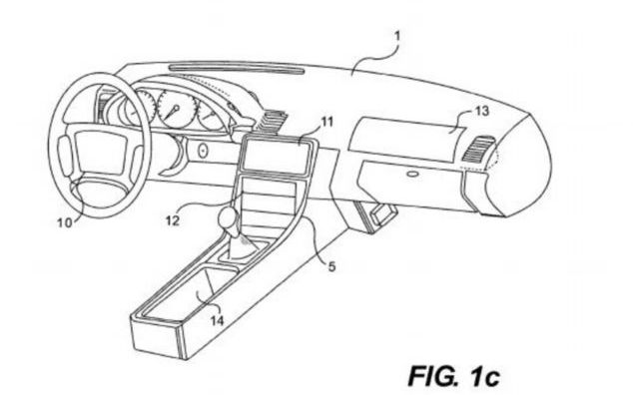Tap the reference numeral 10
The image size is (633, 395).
[x=64, y=223]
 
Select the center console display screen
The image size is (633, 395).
[x=273, y=157]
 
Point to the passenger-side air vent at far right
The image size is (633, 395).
[x=481, y=156]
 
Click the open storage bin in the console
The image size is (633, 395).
[x=206, y=290]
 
